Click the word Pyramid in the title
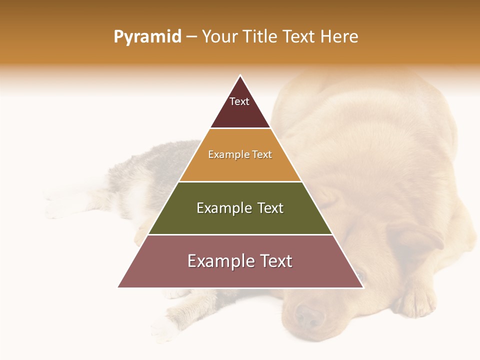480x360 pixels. pyautogui.click(x=147, y=37)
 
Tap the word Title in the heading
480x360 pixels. pyautogui.click(x=260, y=37)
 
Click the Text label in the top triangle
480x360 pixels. pyautogui.click(x=239, y=101)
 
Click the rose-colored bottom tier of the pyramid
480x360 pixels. pyautogui.click(x=240, y=275)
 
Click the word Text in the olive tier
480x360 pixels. pyautogui.click(x=270, y=208)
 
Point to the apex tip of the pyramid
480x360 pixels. pyautogui.click(x=240, y=75)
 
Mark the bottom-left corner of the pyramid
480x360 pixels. pyautogui.click(x=118, y=287)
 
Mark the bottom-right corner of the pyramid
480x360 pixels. pyautogui.click(x=363, y=287)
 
